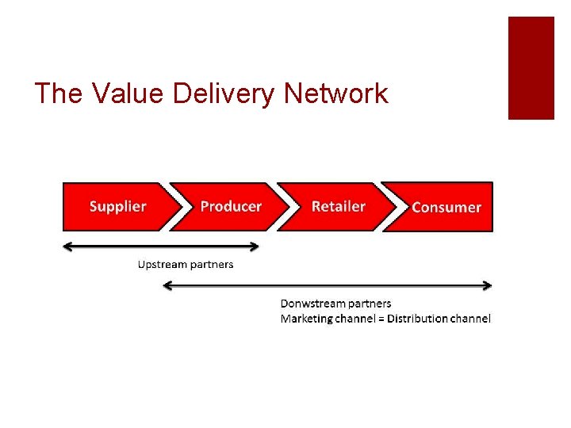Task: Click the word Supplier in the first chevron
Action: point(117,206)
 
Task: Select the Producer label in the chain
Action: point(231,206)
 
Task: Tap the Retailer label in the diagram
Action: point(339,206)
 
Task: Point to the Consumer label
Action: point(446,207)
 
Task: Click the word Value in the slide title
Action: point(118,94)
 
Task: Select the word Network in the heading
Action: point(335,94)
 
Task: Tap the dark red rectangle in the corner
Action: point(531,68)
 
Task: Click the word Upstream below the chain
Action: point(162,264)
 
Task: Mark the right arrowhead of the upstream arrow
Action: point(254,246)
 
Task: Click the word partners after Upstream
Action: point(210,264)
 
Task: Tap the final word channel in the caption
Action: point(471,319)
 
